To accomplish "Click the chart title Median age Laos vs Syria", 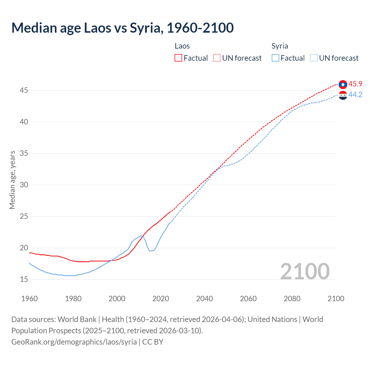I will click(x=122, y=28).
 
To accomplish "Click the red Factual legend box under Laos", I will click(x=178, y=58).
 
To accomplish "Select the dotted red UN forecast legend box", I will click(x=217, y=58).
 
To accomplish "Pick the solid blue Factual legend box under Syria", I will click(x=275, y=58).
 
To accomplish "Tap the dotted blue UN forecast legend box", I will click(x=314, y=58).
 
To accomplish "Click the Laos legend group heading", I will click(x=182, y=46).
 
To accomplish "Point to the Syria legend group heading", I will click(x=280, y=46).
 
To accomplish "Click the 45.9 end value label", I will click(x=355, y=84).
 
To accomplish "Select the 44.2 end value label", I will click(x=355, y=95).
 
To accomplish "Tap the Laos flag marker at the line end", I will click(x=343, y=84).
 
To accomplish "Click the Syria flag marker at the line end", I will click(x=343, y=95).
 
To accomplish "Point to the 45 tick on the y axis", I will click(x=24, y=90).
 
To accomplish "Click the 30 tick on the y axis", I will click(x=24, y=185).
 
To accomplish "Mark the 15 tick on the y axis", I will click(x=24, y=280).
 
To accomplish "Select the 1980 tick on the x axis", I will click(x=73, y=299).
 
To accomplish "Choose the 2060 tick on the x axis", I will click(x=248, y=299).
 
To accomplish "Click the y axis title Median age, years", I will click(x=12, y=180).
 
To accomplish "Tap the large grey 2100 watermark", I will click(x=305, y=271).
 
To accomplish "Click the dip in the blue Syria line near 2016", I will click(x=151, y=251).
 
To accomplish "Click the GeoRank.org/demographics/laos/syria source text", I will click(x=74, y=342).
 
